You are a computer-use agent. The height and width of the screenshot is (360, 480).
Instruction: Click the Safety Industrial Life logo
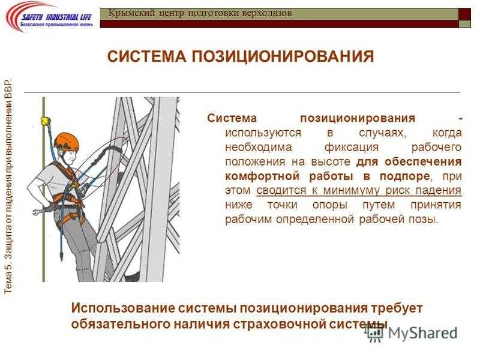[50, 17]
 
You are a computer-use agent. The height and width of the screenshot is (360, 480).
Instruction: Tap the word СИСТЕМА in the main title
[146, 56]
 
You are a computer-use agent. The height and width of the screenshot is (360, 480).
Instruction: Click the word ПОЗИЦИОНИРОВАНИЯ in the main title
[283, 56]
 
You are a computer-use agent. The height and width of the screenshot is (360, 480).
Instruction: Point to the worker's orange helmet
[66, 142]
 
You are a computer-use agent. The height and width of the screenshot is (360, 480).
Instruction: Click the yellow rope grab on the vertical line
[46, 121]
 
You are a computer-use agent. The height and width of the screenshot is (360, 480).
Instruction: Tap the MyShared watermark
[412, 334]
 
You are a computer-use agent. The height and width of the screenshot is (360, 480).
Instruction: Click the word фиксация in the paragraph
[352, 147]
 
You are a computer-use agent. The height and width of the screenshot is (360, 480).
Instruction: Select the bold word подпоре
[404, 176]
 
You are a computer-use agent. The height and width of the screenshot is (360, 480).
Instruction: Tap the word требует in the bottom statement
[397, 308]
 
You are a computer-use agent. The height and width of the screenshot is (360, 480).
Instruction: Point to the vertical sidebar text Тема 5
[8, 278]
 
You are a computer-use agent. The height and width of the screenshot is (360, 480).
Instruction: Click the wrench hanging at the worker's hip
[38, 212]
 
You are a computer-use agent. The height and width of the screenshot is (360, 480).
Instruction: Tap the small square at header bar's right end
[464, 24]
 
